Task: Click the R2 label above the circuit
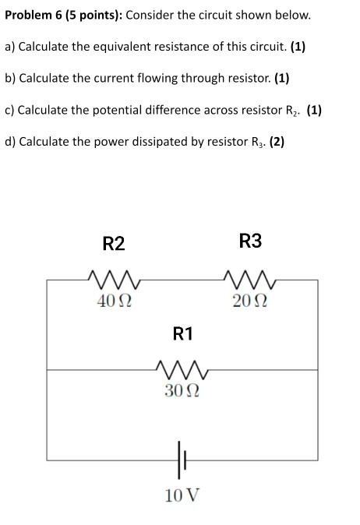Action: pos(114,244)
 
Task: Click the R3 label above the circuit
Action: pos(251,241)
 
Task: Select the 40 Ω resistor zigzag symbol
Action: pos(113,278)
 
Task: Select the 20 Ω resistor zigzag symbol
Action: pos(251,278)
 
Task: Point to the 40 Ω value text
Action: pos(114,301)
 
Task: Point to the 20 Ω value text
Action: pos(251,301)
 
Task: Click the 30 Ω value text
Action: pos(182,390)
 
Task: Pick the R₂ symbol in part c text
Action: pos(289,111)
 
